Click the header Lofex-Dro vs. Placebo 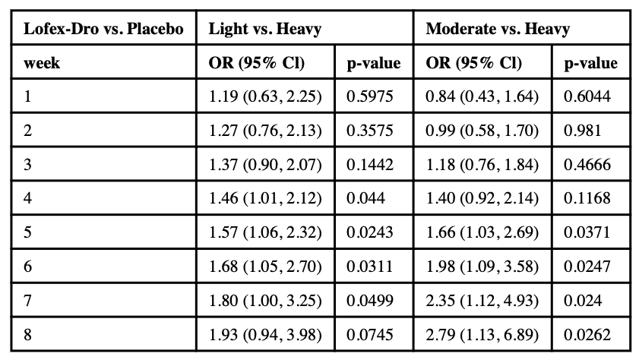click(104, 30)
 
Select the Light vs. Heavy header click(264, 30)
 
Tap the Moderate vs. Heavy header click(498, 30)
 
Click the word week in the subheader click(43, 63)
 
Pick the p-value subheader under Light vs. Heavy click(373, 63)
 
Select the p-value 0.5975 click(370, 96)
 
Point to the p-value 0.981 click(580, 130)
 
